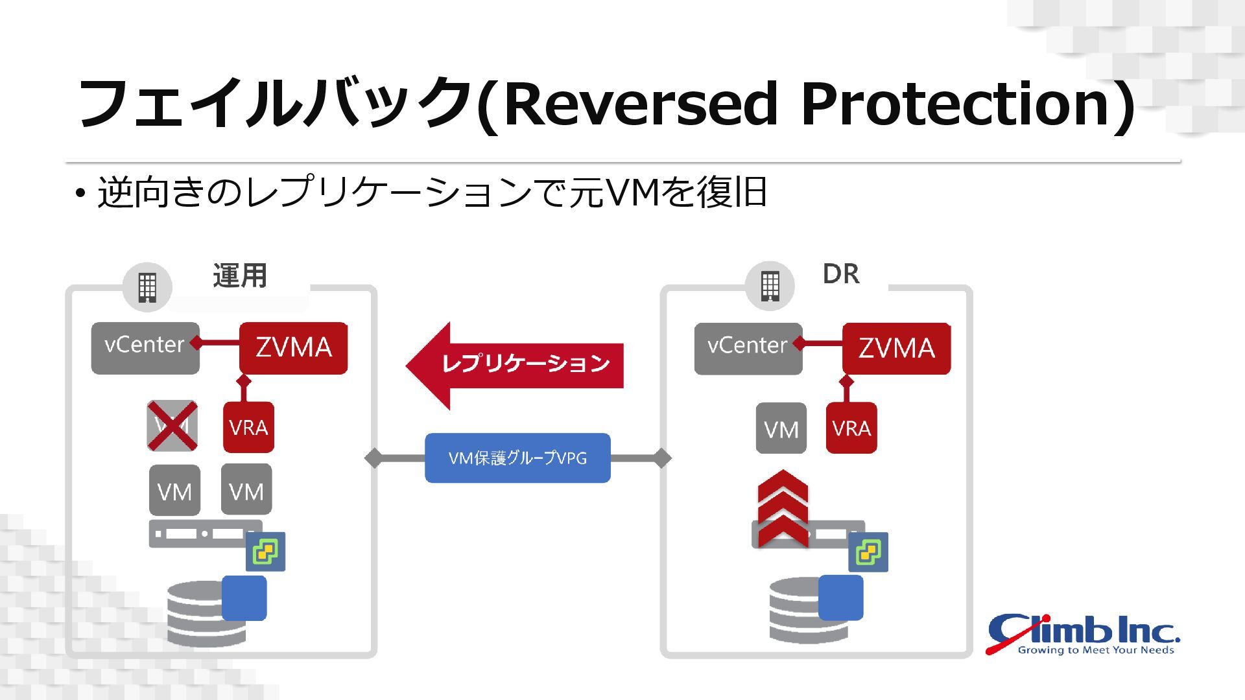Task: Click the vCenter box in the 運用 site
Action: [145, 348]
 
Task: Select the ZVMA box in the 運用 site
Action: [293, 348]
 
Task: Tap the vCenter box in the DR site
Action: [748, 349]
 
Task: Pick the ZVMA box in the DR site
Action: [896, 349]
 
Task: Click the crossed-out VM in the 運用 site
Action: [172, 426]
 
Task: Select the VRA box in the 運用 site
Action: [248, 427]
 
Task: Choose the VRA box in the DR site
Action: [851, 428]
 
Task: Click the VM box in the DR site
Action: [781, 428]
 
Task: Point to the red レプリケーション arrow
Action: [516, 365]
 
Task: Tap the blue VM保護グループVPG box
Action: [517, 458]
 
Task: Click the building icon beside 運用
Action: [147, 287]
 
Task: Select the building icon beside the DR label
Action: [770, 286]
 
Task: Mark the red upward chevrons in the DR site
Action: [783, 509]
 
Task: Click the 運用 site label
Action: [240, 275]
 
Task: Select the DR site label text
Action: [841, 274]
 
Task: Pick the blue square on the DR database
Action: [840, 597]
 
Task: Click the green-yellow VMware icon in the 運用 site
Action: [266, 552]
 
